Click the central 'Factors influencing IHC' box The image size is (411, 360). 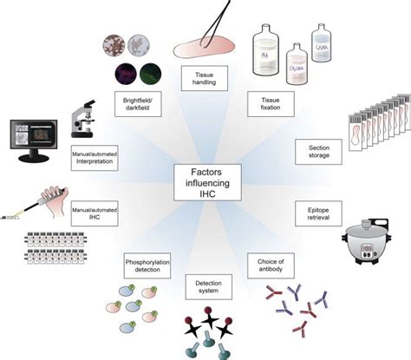tap(204, 181)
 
